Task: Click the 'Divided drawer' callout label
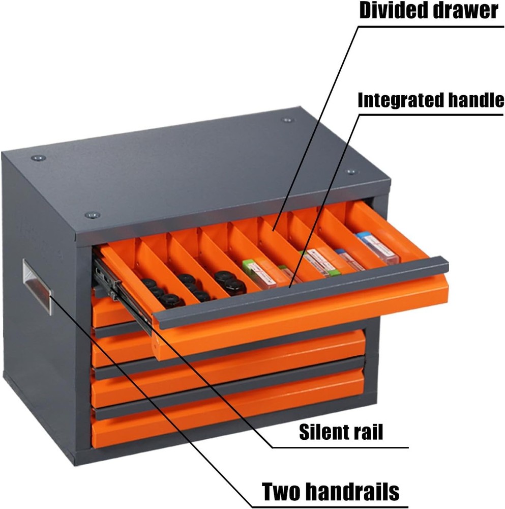[429, 10]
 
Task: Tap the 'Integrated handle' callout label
[431, 100]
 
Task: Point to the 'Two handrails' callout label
[330, 492]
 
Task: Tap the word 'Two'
[281, 492]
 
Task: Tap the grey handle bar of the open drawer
[300, 293]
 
